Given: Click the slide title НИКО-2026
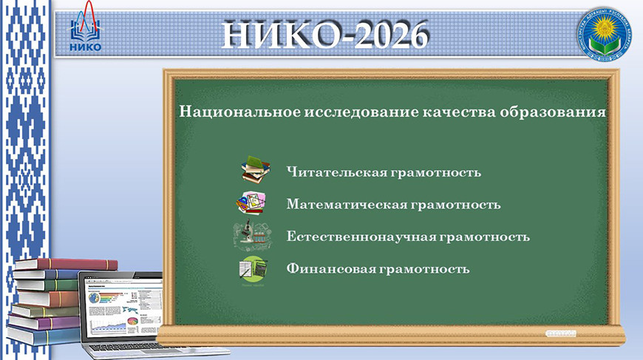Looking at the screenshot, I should (x=325, y=34).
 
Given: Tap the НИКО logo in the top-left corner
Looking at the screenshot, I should (x=86, y=34).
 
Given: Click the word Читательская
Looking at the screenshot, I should (x=336, y=172).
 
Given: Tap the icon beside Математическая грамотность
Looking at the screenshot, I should (x=252, y=203).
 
